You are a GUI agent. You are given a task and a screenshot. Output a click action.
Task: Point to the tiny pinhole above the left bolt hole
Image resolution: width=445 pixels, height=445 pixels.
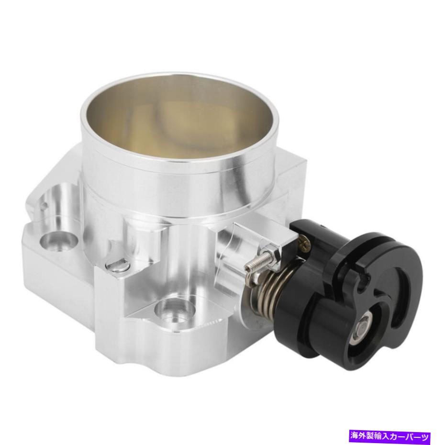[44, 207]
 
